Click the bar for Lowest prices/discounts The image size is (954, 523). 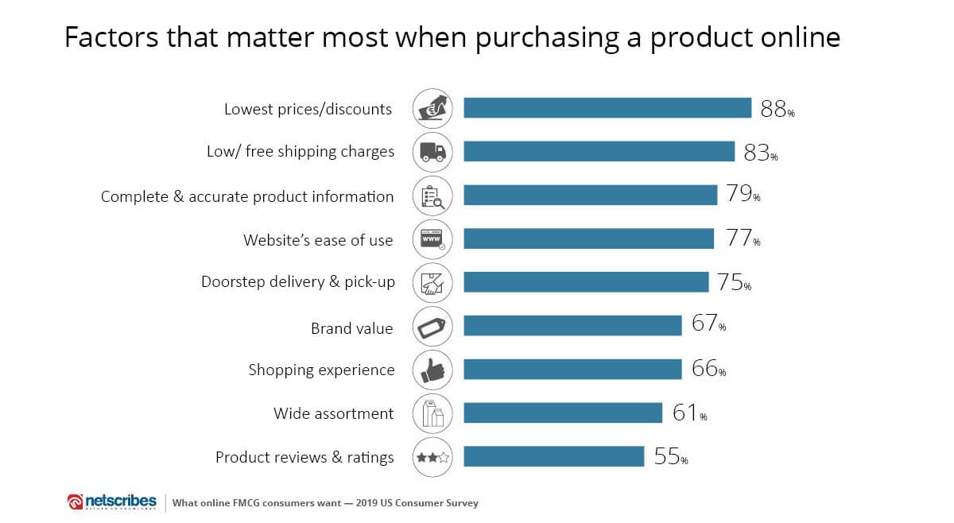click(607, 108)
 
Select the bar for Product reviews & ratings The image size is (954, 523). click(553, 456)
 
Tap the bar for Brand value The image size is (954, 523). click(572, 326)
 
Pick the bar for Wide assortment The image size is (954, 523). click(562, 413)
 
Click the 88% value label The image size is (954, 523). click(777, 110)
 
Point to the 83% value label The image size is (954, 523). click(760, 153)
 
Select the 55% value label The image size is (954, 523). click(670, 457)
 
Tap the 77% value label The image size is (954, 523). click(743, 238)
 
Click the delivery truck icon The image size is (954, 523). click(433, 152)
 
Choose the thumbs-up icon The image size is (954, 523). click(433, 370)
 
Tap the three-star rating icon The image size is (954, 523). click(433, 457)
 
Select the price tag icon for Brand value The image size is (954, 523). click(433, 326)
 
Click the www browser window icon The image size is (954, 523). click(433, 238)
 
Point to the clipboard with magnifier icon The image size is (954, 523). click(433, 196)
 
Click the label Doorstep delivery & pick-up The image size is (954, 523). click(298, 282)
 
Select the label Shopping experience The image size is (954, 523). click(321, 370)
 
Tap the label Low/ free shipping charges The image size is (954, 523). click(300, 152)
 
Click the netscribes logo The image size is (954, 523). click(112, 502)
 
